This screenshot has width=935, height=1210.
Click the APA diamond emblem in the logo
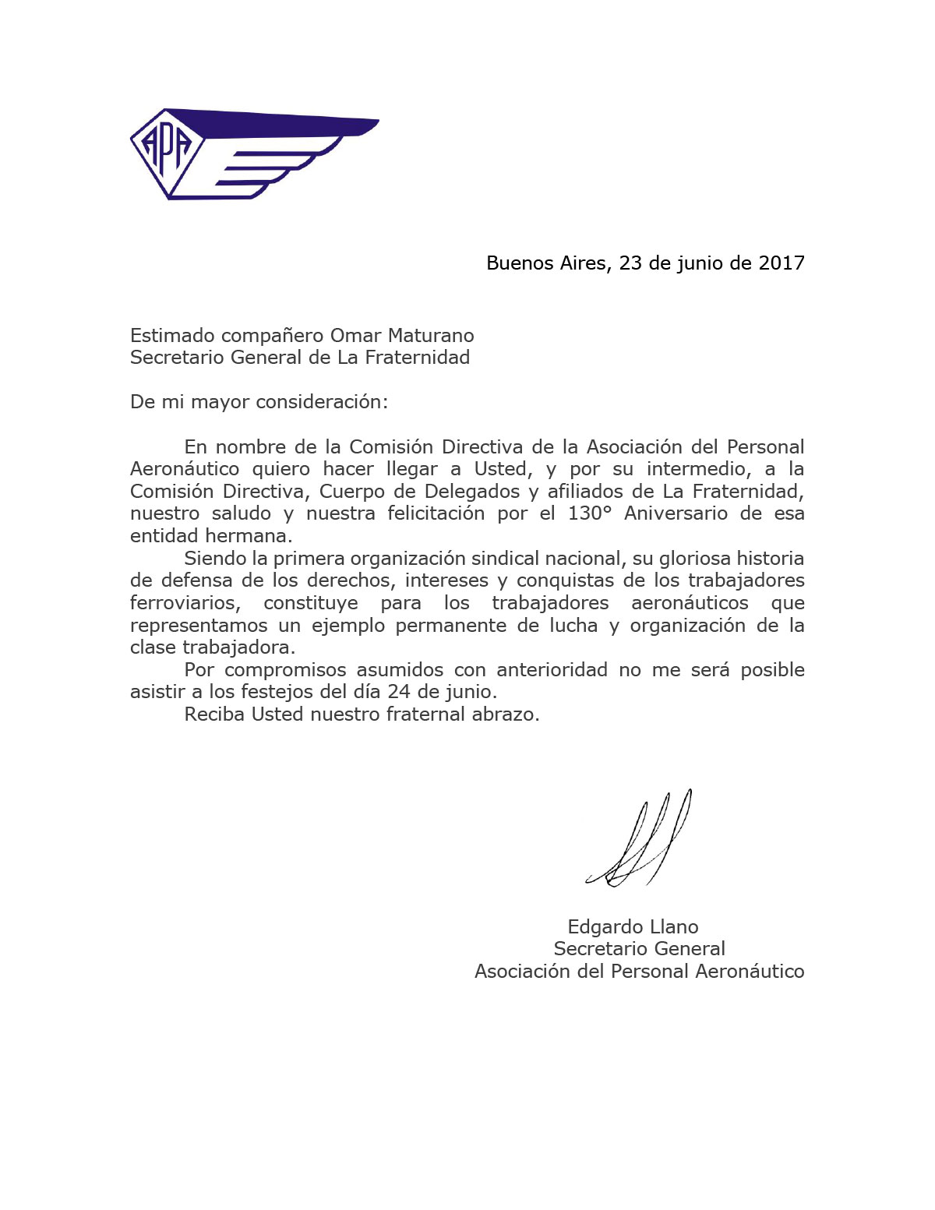click(165, 150)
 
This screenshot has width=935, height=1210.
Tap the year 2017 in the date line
click(782, 263)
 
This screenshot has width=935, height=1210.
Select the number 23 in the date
click(630, 263)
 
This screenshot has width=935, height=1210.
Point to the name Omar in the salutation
click(355, 336)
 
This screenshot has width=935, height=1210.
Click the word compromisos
click(285, 670)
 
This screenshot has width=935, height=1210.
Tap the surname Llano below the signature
click(674, 927)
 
